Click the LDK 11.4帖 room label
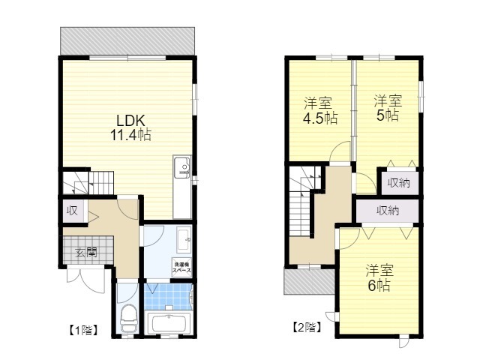(x=130, y=128)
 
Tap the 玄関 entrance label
(x=86, y=253)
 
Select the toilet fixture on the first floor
(x=128, y=318)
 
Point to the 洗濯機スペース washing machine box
(x=181, y=268)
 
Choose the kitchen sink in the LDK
(x=182, y=167)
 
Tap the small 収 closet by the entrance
(x=73, y=211)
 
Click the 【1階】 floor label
(x=83, y=330)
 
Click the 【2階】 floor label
(x=307, y=328)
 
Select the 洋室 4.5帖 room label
(x=319, y=111)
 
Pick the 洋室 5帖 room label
(x=388, y=108)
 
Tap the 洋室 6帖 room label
(x=379, y=278)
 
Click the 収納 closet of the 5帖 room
(x=399, y=182)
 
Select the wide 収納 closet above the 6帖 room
(x=388, y=211)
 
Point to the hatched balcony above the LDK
(x=127, y=41)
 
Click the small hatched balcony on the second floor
(x=310, y=282)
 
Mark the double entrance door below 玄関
(x=86, y=278)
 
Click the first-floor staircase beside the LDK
(x=88, y=183)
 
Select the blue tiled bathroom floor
(x=168, y=296)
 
